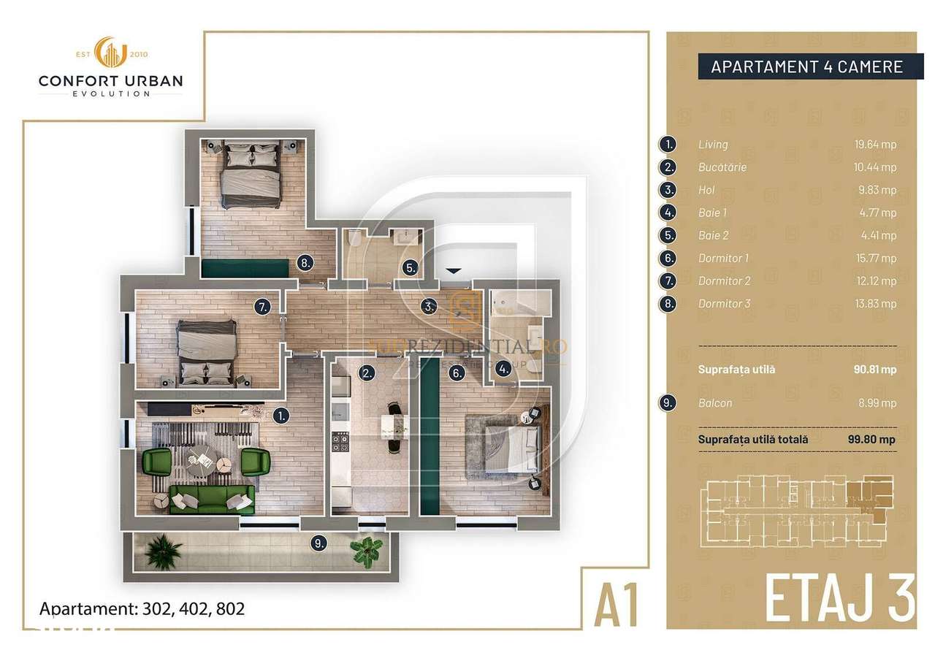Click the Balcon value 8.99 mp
[x=879, y=402]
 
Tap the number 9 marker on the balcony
[x=317, y=542]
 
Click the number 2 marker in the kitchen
[x=367, y=372]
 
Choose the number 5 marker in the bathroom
[x=411, y=268]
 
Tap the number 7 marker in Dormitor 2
[x=263, y=307]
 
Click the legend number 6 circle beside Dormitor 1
[x=667, y=258]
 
